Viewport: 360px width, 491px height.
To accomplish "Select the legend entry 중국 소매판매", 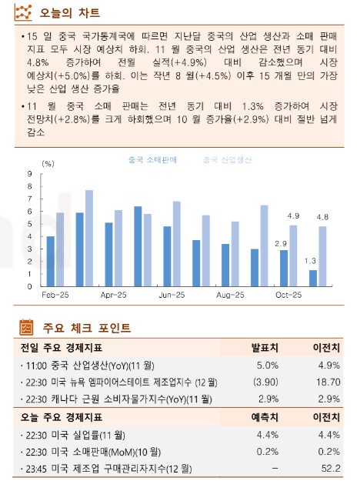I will (152, 159).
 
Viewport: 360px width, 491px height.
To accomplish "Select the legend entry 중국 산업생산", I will (227, 159).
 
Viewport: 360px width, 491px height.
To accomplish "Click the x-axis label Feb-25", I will (55, 295).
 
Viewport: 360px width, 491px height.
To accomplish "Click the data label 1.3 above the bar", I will (311, 261).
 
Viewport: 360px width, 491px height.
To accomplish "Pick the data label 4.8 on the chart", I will (323, 217).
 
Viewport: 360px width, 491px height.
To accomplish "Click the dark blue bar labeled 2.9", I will (283, 268).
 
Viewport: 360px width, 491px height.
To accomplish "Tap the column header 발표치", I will (265, 347).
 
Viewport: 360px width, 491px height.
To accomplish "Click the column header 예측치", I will (265, 418).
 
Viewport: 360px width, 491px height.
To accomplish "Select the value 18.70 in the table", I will (328, 382).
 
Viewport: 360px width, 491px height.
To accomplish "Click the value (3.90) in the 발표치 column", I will (265, 382).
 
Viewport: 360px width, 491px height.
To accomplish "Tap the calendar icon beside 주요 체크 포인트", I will (25, 327).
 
